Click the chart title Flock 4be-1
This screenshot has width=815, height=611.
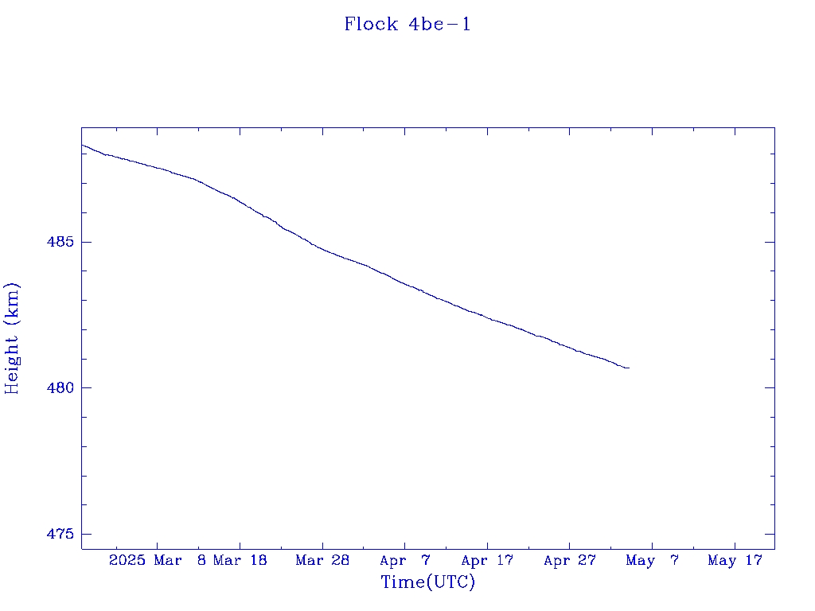tap(407, 25)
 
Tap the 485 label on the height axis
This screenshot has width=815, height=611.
tap(60, 242)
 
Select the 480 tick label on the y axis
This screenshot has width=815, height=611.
tap(60, 387)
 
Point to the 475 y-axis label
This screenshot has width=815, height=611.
tap(60, 534)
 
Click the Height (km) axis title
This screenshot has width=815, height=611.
tap(11, 338)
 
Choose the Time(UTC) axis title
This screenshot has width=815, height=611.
tap(427, 582)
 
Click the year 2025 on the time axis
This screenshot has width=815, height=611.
tap(127, 560)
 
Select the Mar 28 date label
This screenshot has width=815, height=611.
tap(322, 560)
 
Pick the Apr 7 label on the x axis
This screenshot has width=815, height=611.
tap(405, 560)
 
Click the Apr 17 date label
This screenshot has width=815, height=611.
tap(487, 560)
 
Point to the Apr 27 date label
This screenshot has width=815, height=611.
tap(570, 560)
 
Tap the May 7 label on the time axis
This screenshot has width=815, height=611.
tap(653, 560)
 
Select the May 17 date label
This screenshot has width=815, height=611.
tap(735, 560)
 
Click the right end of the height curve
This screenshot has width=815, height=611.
tap(629, 368)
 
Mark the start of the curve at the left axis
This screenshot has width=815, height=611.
tap(82, 145)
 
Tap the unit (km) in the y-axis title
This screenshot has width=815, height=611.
tap(11, 304)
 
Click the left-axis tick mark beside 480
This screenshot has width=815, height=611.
tap(86, 387)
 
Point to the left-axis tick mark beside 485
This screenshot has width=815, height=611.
tap(86, 242)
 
